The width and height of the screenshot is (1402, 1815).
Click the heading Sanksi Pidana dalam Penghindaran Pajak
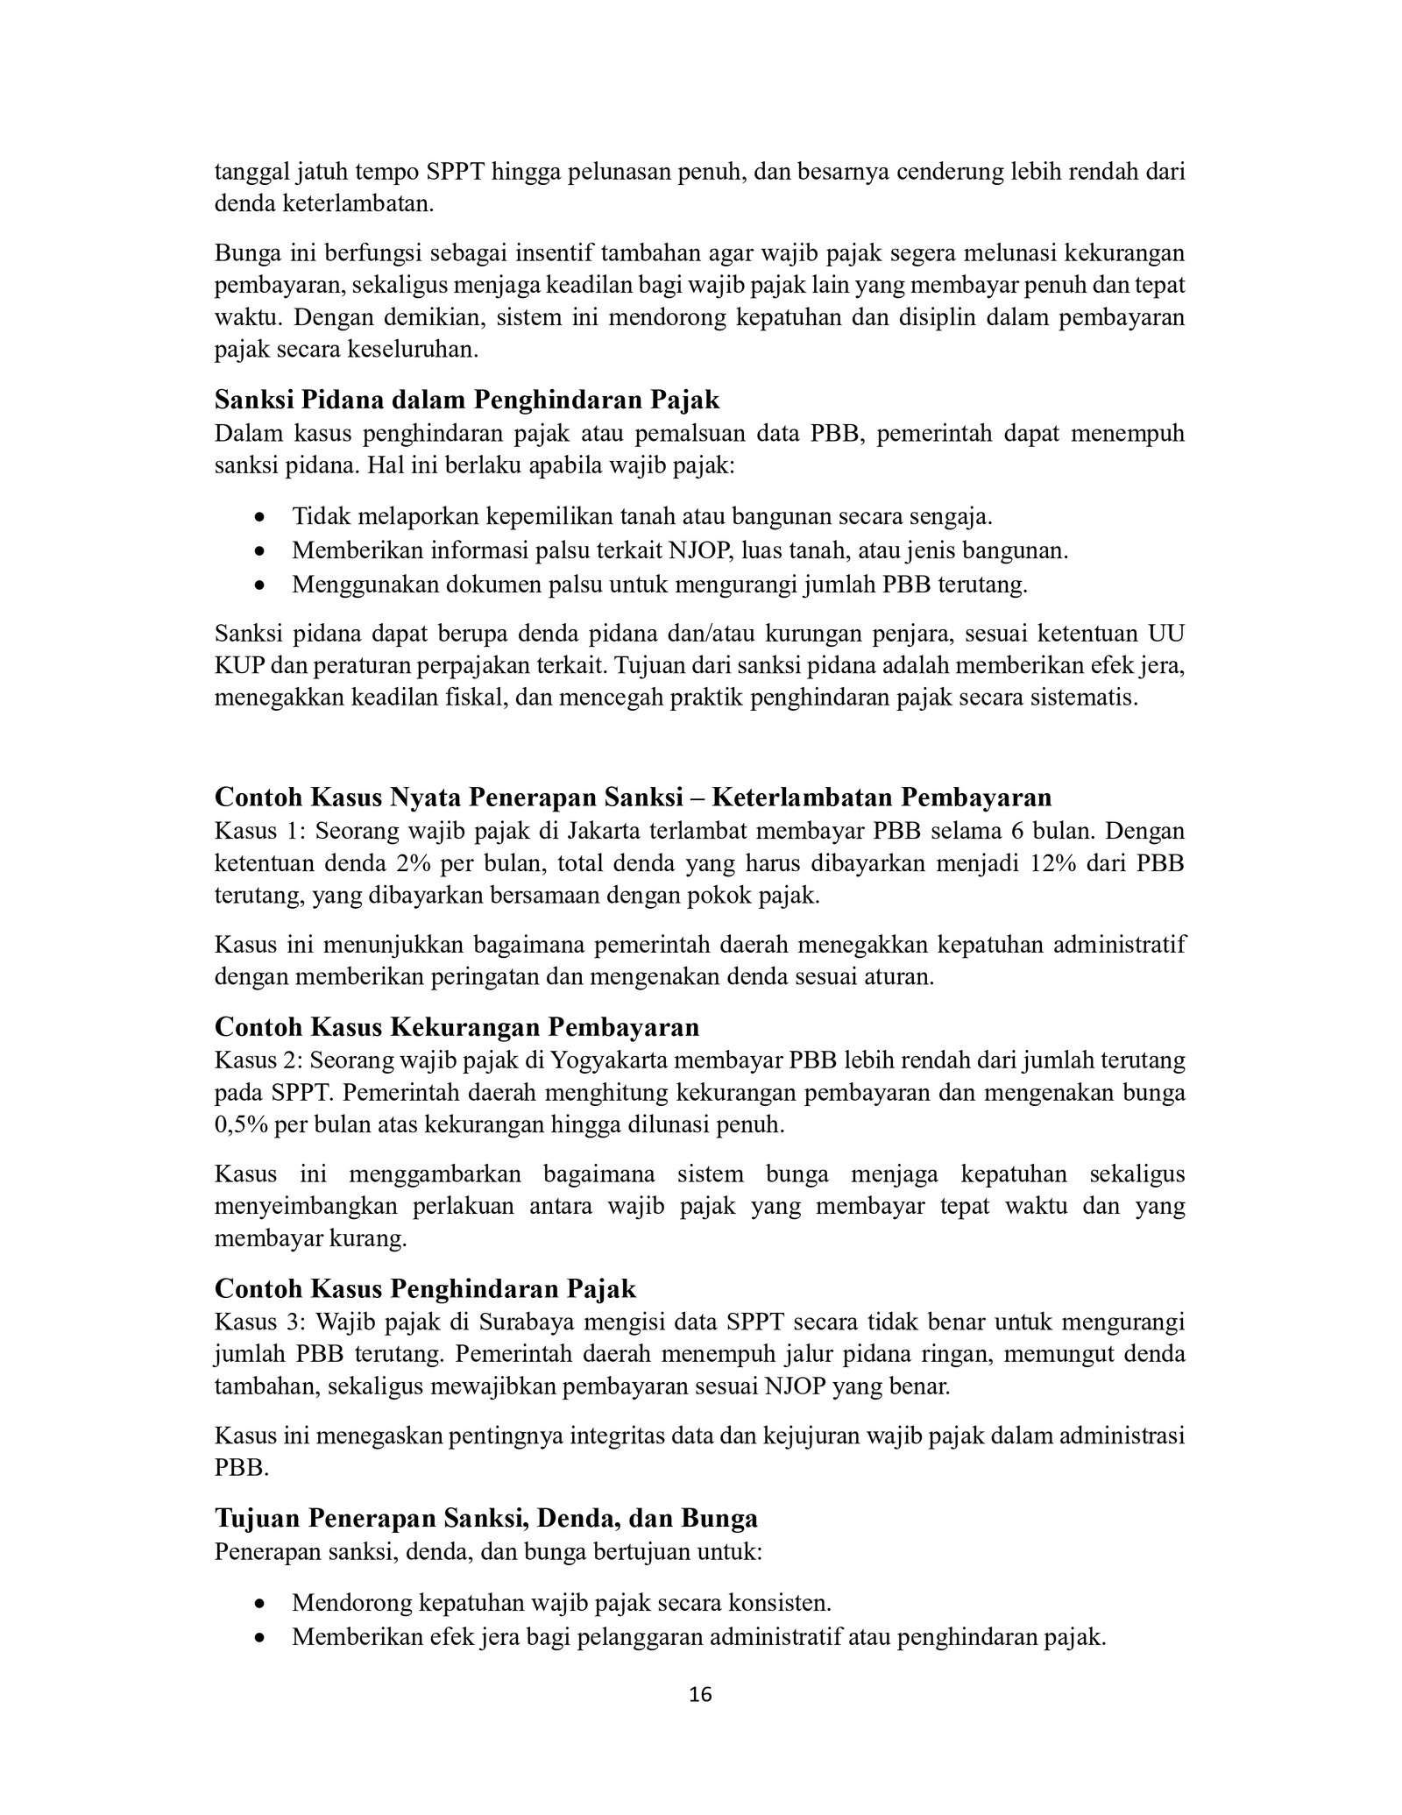point(467,400)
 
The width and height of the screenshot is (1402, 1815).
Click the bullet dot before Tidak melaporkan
point(258,518)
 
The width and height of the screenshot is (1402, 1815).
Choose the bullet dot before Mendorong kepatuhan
point(258,1605)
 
